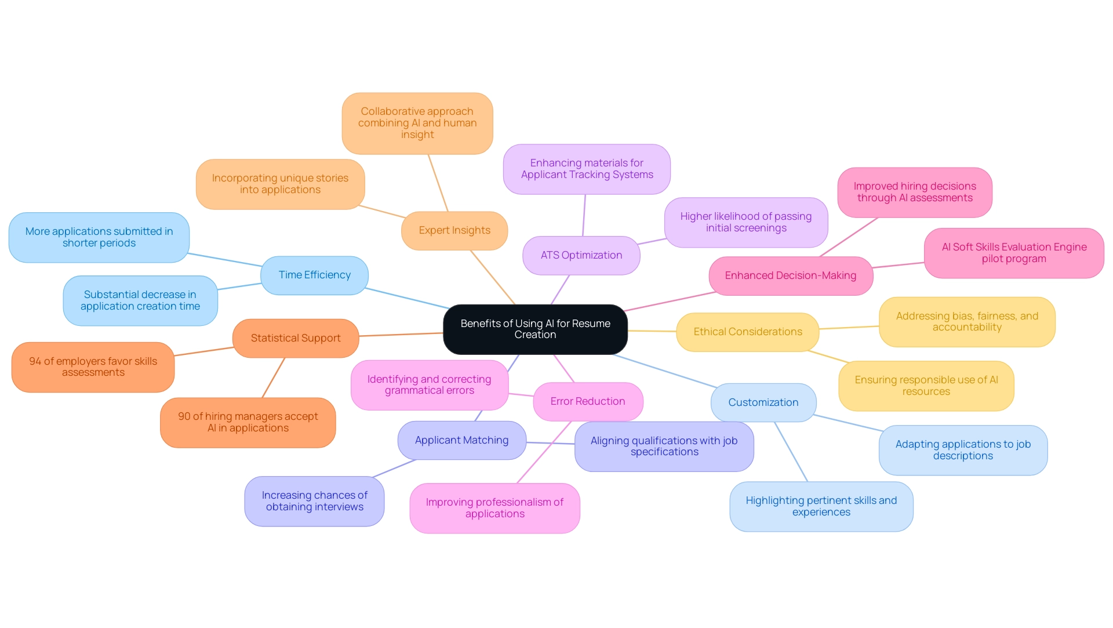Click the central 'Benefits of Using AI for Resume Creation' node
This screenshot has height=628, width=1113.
tap(535, 329)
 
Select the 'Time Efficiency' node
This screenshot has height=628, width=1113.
tap(314, 275)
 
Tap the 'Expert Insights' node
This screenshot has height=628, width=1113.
tap(454, 230)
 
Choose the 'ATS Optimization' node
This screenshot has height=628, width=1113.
tap(581, 255)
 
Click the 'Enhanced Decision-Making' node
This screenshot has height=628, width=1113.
tap(790, 275)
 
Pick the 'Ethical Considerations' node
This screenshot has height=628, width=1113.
tap(747, 332)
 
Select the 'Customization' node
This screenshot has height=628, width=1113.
tap(763, 402)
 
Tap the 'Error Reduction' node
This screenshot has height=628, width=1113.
tap(587, 401)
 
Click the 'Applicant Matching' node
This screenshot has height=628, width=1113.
tap(461, 440)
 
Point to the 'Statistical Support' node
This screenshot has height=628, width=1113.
tap(295, 338)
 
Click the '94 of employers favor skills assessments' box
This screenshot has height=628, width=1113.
tap(93, 366)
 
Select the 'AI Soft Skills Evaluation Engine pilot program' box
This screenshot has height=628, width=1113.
tap(1013, 253)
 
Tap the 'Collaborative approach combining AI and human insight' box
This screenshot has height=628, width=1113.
tap(417, 123)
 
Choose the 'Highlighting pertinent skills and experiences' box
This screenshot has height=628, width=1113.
tap(821, 506)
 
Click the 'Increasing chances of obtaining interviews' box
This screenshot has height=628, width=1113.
tap(314, 501)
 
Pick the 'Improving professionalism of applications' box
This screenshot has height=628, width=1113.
tap(494, 508)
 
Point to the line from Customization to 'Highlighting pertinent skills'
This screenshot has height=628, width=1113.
tap(791, 452)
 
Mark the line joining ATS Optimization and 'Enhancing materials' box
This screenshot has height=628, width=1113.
tap(584, 215)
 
